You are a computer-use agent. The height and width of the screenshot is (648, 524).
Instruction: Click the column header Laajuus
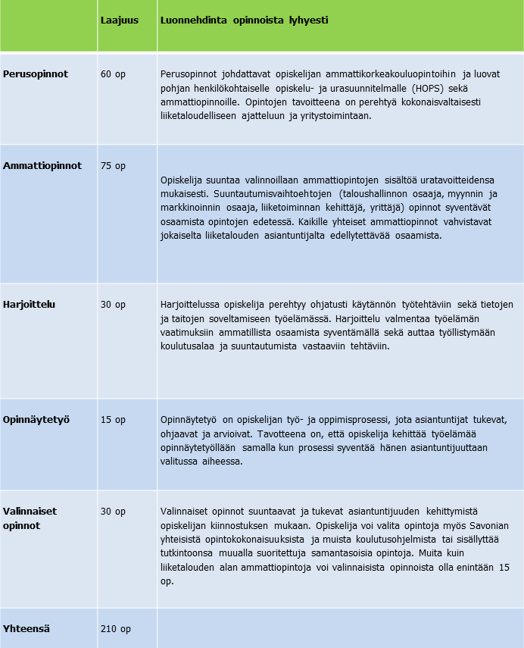pyautogui.click(x=119, y=20)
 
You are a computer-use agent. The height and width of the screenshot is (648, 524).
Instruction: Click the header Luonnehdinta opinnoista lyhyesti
pyautogui.click(x=244, y=20)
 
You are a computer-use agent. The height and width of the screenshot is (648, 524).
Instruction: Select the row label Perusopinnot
pyautogui.click(x=36, y=74)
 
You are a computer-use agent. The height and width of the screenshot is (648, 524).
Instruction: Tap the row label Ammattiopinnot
pyautogui.click(x=42, y=165)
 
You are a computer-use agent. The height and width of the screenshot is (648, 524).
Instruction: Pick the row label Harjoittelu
pyautogui.click(x=29, y=305)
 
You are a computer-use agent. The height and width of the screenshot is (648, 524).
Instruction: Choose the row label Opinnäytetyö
pyautogui.click(x=36, y=419)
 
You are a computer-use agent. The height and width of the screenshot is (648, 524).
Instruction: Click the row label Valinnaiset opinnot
pyautogui.click(x=30, y=518)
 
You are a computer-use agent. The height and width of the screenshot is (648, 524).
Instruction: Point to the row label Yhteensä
pyautogui.click(x=27, y=628)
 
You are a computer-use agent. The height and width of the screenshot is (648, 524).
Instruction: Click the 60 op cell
pyautogui.click(x=113, y=74)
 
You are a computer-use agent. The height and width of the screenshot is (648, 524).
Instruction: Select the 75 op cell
pyautogui.click(x=113, y=165)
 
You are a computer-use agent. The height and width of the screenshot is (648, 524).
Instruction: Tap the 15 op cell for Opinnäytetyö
pyautogui.click(x=113, y=419)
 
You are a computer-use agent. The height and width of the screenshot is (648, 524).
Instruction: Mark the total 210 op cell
pyautogui.click(x=116, y=628)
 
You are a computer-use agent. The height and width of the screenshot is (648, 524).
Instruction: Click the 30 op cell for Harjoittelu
pyautogui.click(x=113, y=305)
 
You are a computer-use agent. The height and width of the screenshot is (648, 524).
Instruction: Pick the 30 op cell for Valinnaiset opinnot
pyautogui.click(x=113, y=512)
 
